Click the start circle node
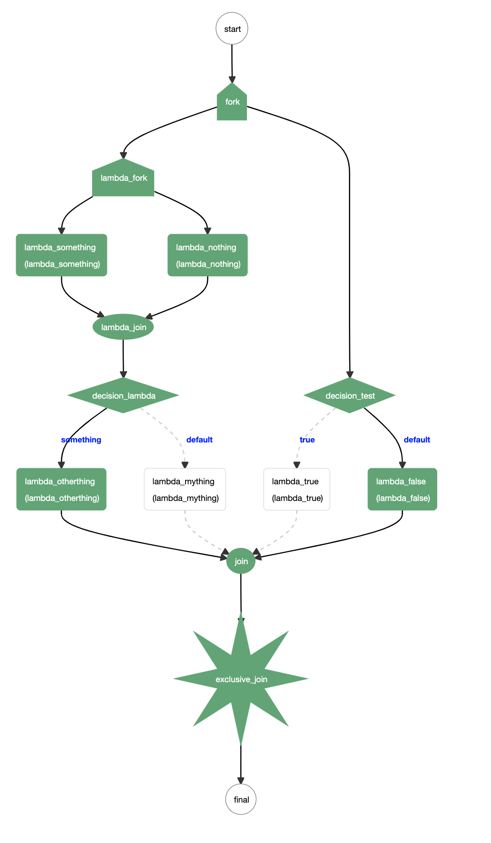(232, 29)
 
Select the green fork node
(232, 103)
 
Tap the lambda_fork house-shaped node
(123, 179)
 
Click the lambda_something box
(61, 255)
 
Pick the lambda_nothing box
(207, 255)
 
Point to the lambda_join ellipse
(123, 327)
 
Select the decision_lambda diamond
(123, 395)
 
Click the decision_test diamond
(350, 395)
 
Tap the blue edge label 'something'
(81, 440)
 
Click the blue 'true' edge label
(307, 440)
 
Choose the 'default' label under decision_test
(417, 440)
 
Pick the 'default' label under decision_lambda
(199, 440)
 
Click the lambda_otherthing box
(61, 490)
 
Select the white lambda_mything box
(185, 490)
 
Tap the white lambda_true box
(297, 490)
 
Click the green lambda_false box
(403, 490)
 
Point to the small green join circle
(241, 561)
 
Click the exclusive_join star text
(241, 679)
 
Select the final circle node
(241, 799)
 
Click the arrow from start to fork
(232, 62)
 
